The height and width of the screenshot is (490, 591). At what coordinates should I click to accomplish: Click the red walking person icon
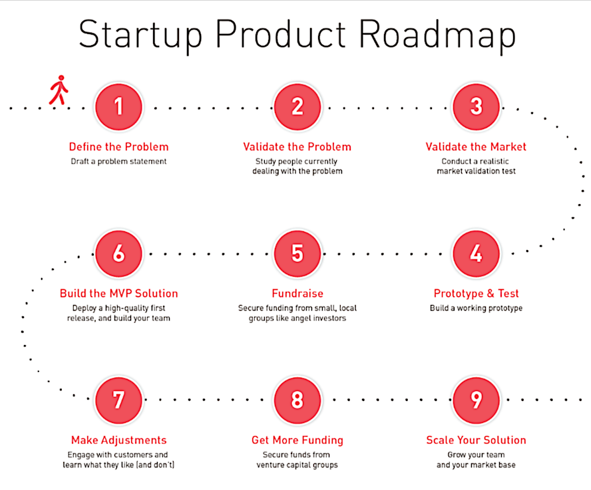click(59, 90)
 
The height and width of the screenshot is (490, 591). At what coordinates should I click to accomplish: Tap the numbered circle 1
click(118, 107)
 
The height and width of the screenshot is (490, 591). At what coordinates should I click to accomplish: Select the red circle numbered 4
click(476, 253)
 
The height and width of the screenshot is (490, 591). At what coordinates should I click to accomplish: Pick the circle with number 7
click(118, 400)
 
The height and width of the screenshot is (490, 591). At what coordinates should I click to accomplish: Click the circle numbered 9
click(476, 400)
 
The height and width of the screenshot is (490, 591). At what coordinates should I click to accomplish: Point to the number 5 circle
click(297, 253)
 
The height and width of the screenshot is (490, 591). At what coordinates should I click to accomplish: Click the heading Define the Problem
click(118, 147)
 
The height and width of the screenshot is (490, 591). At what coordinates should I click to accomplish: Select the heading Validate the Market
click(476, 147)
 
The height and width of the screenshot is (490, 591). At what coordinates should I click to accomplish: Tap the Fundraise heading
click(297, 293)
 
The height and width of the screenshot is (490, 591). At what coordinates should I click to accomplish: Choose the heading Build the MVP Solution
click(118, 293)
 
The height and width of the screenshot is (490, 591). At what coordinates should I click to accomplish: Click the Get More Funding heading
click(297, 440)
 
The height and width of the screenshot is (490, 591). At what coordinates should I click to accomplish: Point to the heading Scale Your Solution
click(476, 440)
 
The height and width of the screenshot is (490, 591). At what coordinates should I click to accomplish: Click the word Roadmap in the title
click(437, 35)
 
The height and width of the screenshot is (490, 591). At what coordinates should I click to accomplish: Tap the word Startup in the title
click(140, 35)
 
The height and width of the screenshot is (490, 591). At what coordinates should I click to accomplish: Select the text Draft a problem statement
click(118, 162)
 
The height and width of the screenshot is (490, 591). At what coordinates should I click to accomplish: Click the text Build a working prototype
click(476, 308)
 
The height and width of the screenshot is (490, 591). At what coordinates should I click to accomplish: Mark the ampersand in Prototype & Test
click(491, 293)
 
